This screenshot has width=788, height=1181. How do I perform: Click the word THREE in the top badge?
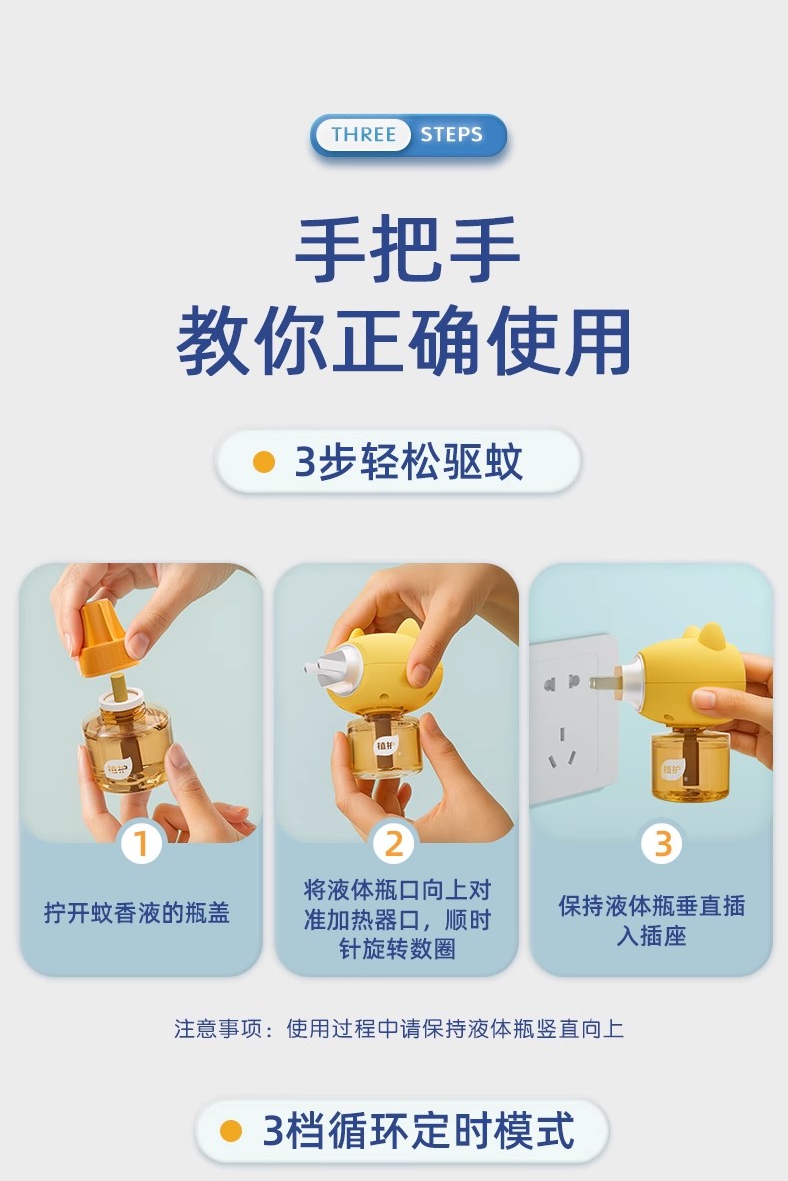tap(363, 134)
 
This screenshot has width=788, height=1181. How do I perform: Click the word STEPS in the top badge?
tap(451, 134)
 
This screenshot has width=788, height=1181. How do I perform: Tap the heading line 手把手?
tap(407, 249)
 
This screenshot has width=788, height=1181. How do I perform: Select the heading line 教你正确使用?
tap(404, 342)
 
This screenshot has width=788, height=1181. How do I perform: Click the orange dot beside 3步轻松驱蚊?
tap(263, 462)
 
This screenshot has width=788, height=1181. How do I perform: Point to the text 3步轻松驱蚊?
tap(408, 462)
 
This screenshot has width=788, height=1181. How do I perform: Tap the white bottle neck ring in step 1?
tap(120, 698)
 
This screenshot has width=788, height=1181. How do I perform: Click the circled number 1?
tap(141, 843)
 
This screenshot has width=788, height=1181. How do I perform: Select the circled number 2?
tap(394, 843)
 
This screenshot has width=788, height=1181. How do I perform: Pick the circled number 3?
tap(662, 843)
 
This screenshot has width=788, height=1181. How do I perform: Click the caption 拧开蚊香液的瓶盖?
tap(137, 912)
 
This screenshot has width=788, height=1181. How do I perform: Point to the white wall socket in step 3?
tap(570, 719)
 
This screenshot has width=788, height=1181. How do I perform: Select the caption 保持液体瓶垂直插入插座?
tap(651, 920)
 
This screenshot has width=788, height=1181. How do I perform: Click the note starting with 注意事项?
tap(399, 1028)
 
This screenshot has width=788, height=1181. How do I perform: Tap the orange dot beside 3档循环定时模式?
tap(231, 1131)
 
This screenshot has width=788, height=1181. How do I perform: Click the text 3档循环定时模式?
tap(418, 1130)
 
